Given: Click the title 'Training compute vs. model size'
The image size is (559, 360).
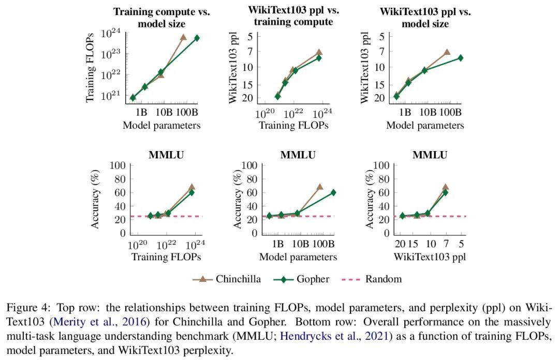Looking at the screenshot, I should tap(161, 18).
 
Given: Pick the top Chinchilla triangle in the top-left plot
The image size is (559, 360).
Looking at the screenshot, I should tap(183, 37).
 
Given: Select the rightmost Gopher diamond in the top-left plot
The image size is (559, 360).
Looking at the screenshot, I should tap(197, 38).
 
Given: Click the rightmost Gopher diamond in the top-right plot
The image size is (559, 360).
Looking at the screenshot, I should tap(460, 58).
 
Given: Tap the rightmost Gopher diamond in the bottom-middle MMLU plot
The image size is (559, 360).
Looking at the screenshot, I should tap(333, 192).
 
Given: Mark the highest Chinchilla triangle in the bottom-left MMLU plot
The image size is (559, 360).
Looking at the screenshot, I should tap(192, 187).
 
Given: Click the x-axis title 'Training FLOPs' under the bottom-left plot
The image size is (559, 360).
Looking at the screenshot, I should tap(166, 257).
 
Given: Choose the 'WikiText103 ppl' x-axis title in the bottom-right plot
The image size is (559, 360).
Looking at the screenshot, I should tap(430, 257).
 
